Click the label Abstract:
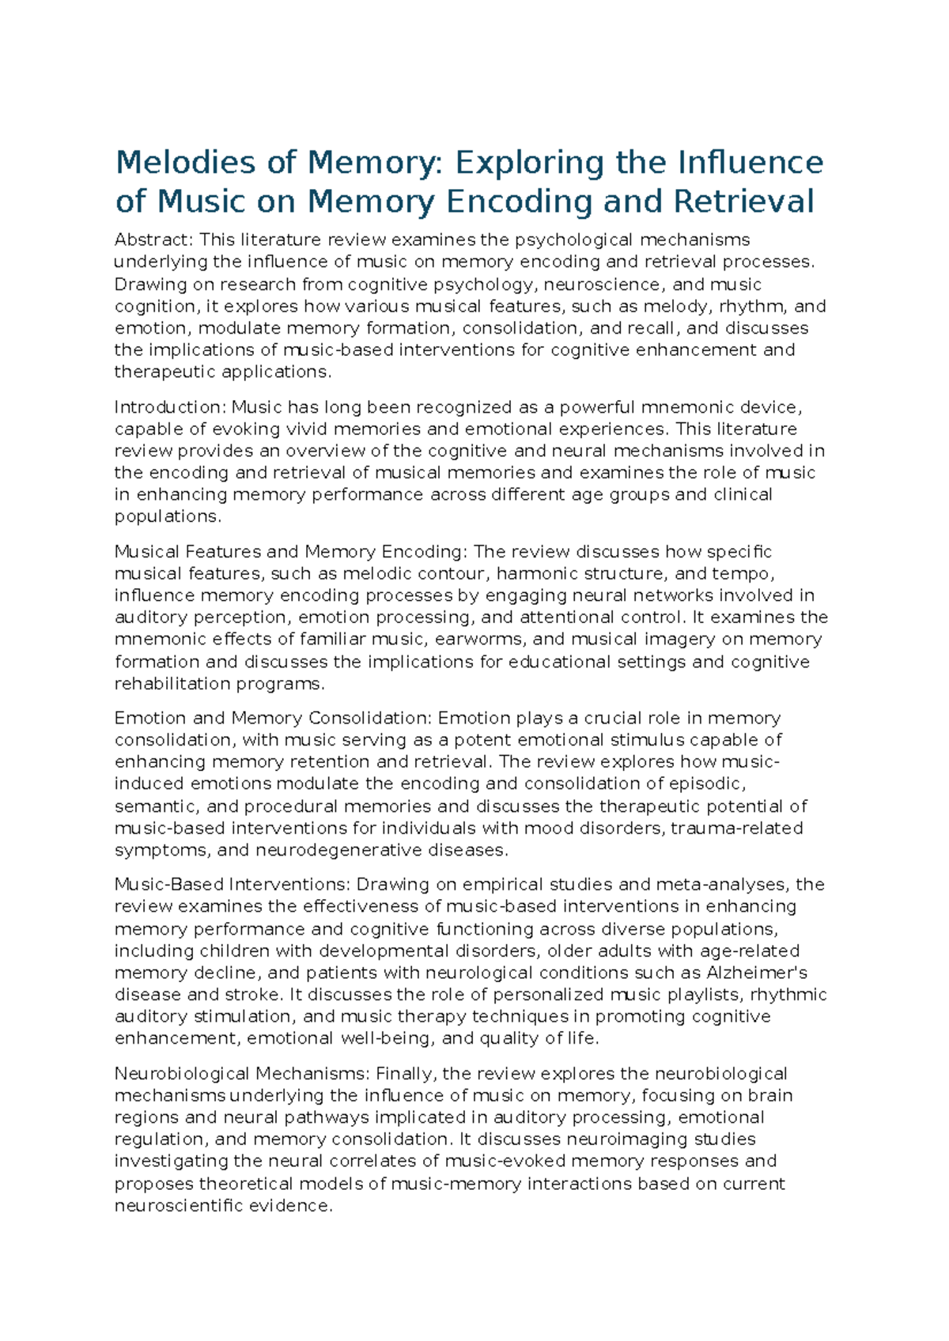coord(154,240)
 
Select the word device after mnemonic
coord(770,408)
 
